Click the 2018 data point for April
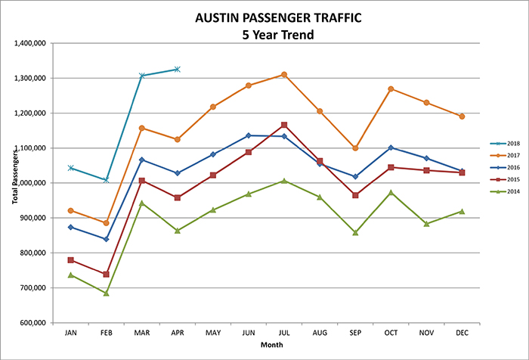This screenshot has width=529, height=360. [177, 69]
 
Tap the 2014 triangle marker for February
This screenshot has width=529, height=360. [106, 293]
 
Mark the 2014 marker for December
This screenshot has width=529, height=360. [462, 211]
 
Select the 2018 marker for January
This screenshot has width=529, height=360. [70, 168]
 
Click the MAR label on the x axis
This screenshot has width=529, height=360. [141, 333]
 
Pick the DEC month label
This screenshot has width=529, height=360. [462, 333]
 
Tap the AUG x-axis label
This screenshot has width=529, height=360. [320, 333]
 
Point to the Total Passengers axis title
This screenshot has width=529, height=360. [9, 183]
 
